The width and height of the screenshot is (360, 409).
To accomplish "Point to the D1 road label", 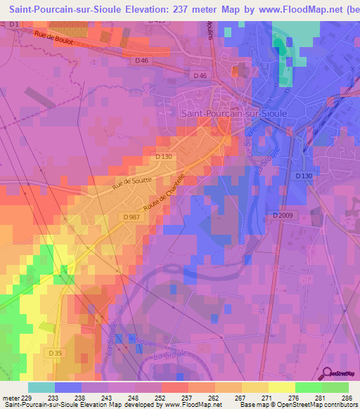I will click(14, 25).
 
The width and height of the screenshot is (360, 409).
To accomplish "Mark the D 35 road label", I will click(56, 351).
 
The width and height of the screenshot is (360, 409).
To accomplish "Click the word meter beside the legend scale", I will click(10, 398).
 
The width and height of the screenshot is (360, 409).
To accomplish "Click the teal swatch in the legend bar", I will click(41, 387).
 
